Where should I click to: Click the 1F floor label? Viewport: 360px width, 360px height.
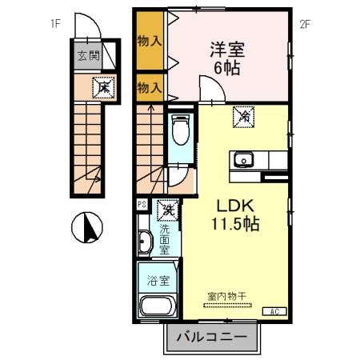(x=54, y=24)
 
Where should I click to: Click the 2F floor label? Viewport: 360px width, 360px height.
(x=305, y=24)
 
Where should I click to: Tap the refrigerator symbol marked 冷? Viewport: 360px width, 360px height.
(x=242, y=117)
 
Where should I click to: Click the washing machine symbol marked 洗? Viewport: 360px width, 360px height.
(x=167, y=211)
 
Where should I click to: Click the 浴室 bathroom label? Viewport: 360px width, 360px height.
(x=158, y=281)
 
